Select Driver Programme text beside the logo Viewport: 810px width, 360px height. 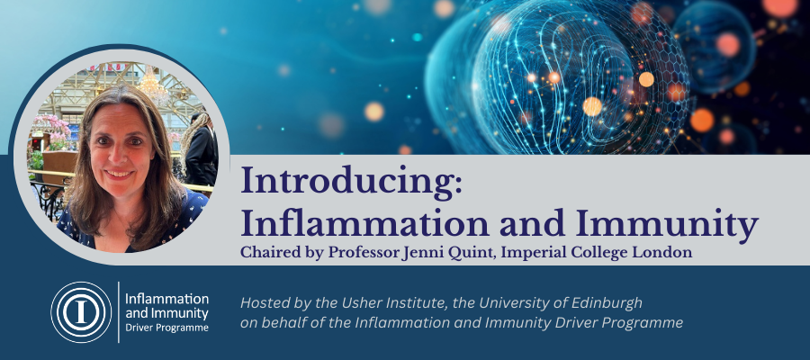(166, 328)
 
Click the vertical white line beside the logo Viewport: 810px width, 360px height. (118, 312)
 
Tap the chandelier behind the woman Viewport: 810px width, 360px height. (153, 85)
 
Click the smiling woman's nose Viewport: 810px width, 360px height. (118, 155)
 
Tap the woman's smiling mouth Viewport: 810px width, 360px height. (119, 174)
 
